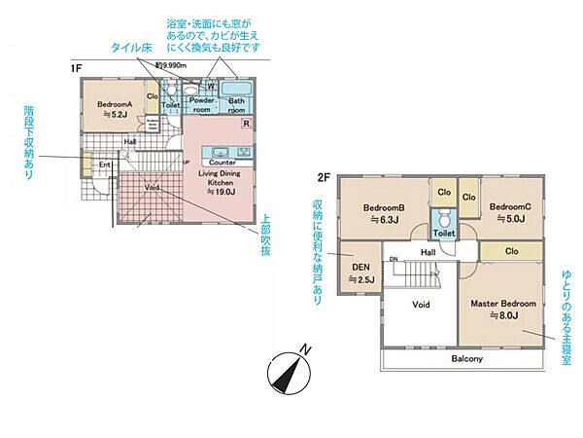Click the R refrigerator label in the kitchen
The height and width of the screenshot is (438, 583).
246,124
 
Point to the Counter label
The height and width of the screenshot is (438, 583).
223,162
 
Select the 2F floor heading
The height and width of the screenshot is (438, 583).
325,176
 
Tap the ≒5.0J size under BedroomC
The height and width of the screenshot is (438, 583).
509,219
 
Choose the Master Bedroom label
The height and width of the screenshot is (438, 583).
504,304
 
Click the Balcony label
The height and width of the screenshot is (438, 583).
467,359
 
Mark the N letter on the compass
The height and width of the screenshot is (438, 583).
306,350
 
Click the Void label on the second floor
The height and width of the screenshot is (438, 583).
420,304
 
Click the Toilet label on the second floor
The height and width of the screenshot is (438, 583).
444,235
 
